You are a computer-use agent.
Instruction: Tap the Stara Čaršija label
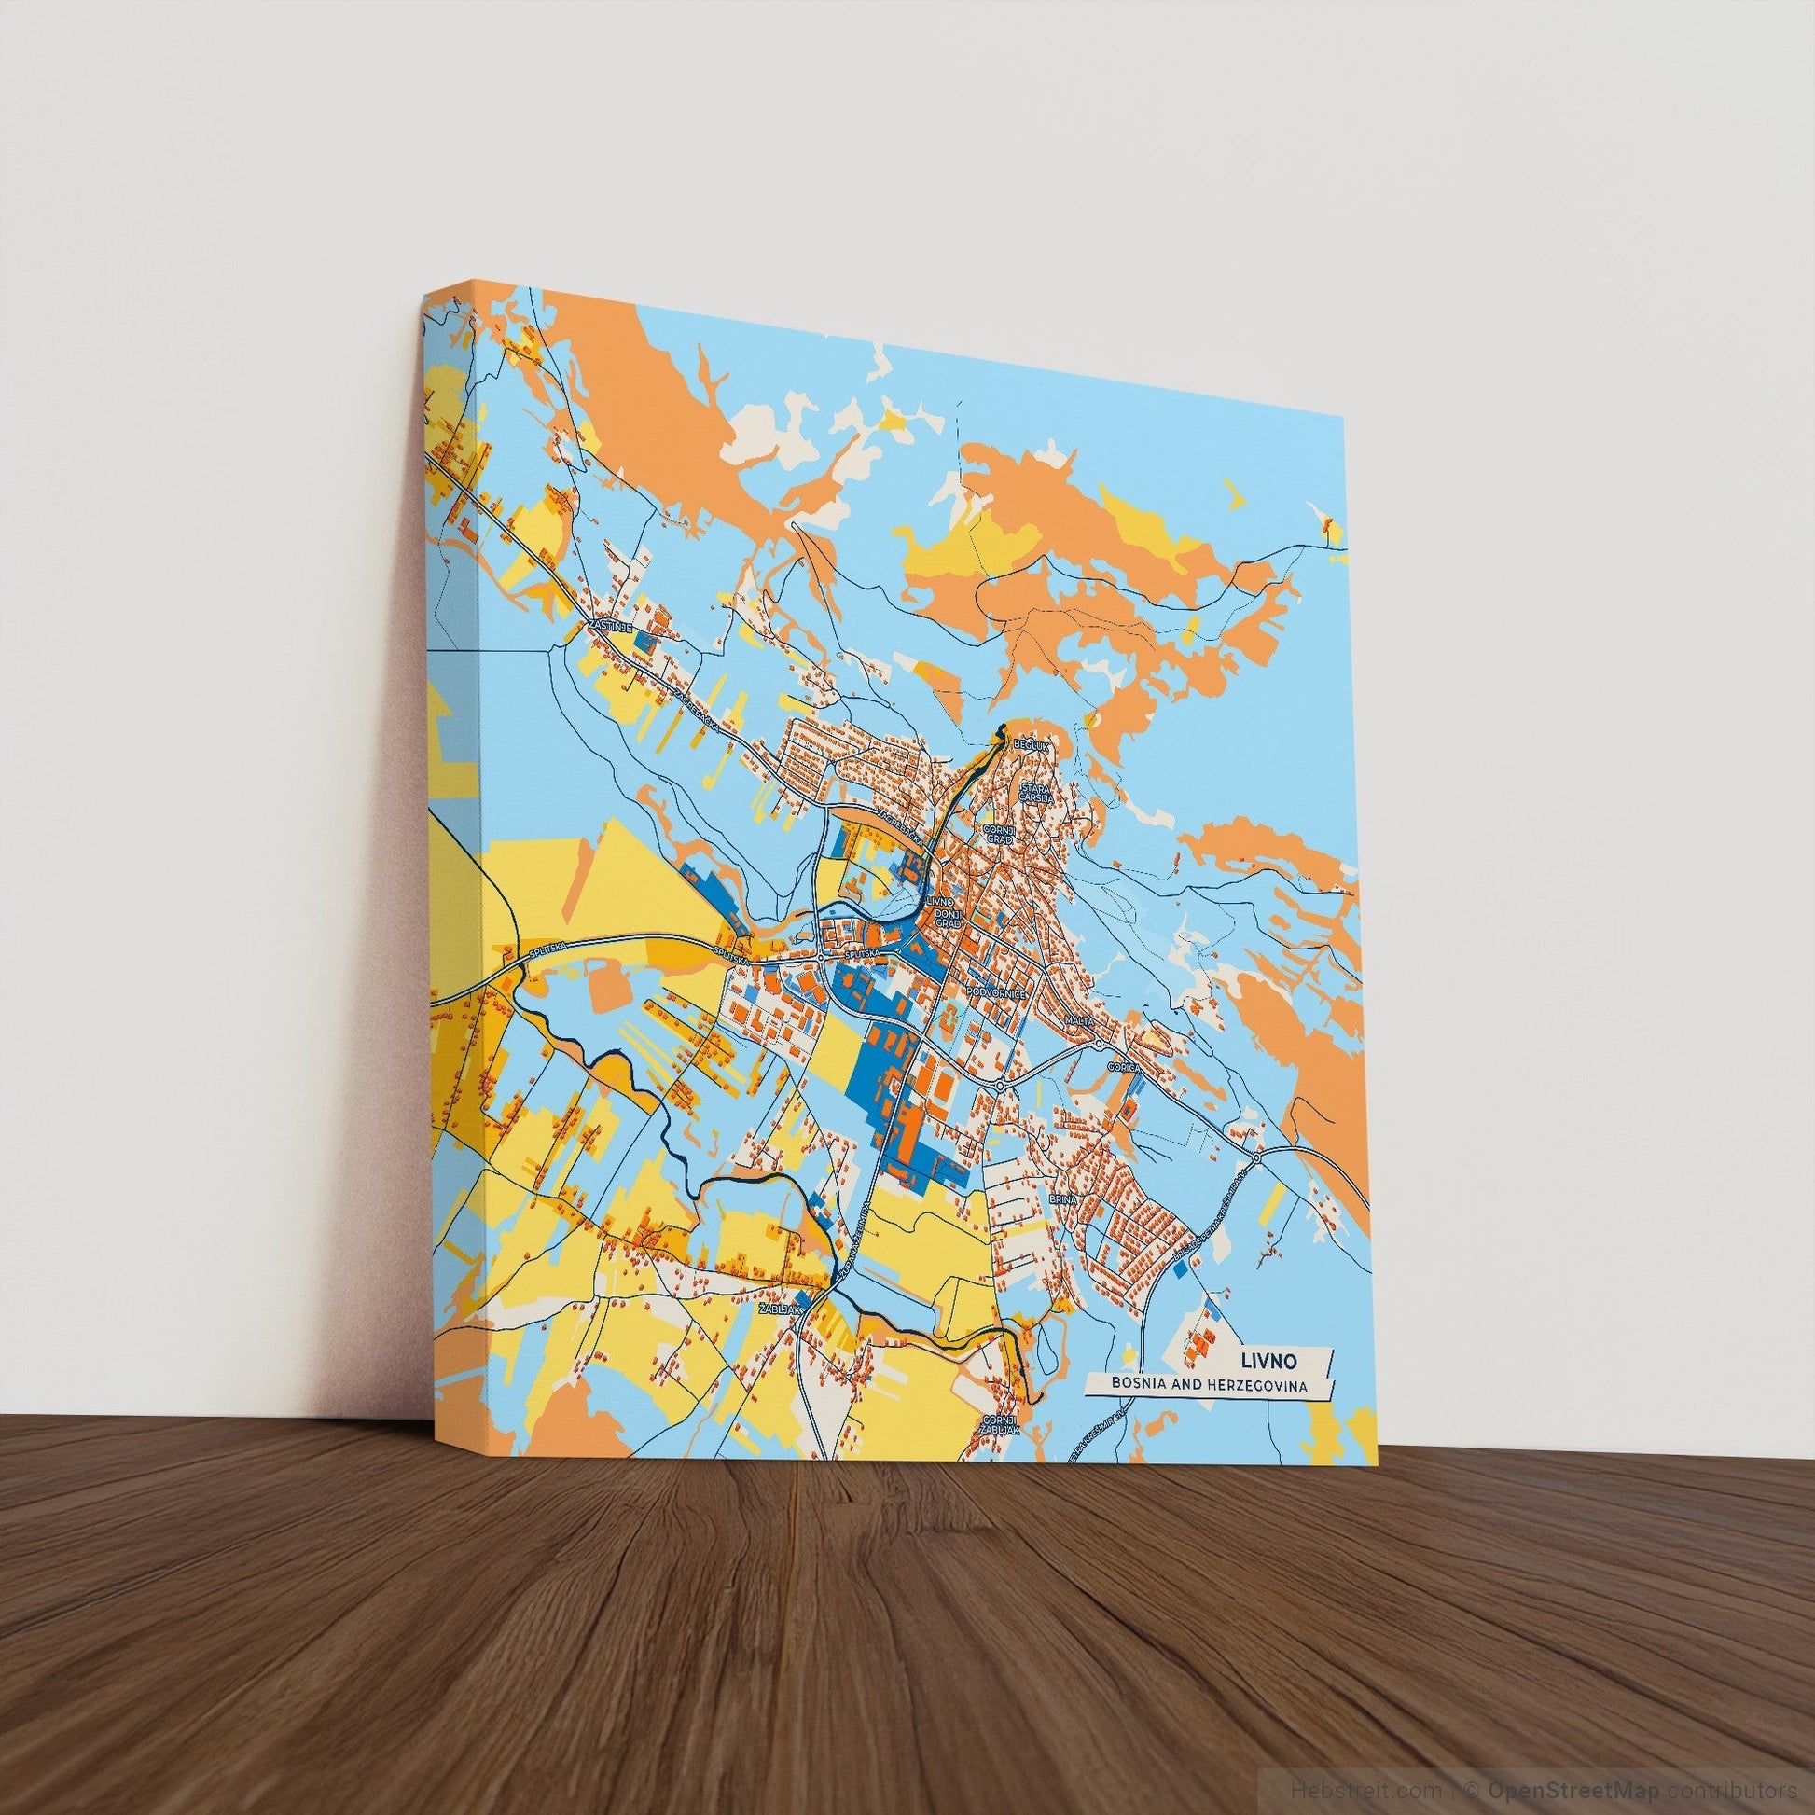pyautogui.click(x=1037, y=794)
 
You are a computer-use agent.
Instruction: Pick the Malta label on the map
pyautogui.click(x=1079, y=1019)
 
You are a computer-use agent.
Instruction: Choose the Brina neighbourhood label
pyautogui.click(x=1061, y=1200)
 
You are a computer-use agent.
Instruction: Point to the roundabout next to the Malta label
pyautogui.click(x=1097, y=1043)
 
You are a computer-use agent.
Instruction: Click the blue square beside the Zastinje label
pyautogui.click(x=644, y=642)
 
